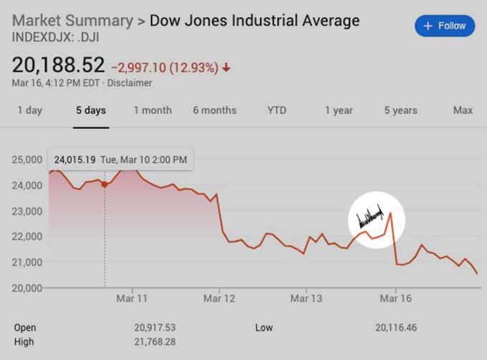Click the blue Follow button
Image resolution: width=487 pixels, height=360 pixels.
point(445,26)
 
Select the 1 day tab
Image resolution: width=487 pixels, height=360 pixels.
point(29,110)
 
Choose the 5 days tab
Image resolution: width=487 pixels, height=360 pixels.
point(91,110)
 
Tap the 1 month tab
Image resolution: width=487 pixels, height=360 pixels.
point(153,110)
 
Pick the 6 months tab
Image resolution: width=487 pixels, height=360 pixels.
point(214,110)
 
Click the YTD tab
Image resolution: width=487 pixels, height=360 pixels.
point(276,110)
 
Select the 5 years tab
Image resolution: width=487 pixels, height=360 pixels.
point(400,110)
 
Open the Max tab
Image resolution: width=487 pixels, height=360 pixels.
point(463,110)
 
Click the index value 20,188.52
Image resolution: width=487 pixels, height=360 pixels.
point(58,66)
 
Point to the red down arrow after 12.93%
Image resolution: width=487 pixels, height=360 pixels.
point(227,68)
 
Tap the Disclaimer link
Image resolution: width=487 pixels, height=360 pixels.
point(130,83)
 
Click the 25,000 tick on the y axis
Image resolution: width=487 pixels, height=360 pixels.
point(26,160)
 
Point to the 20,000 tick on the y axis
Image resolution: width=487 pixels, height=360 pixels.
point(26,288)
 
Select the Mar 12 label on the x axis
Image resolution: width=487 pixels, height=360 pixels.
point(219,298)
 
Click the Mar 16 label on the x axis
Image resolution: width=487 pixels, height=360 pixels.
point(396,298)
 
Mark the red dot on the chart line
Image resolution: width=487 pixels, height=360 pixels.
point(105,184)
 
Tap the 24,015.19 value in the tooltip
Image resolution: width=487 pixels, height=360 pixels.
point(76,160)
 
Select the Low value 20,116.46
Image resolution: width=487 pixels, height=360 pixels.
point(395,328)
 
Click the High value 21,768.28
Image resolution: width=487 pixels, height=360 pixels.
point(155,342)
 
